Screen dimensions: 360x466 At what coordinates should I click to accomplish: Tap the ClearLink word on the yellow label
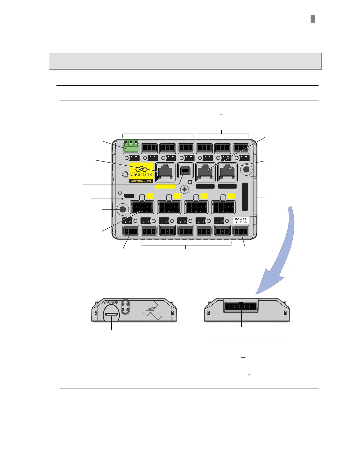(141, 174)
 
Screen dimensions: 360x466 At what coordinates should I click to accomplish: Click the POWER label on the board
(241, 219)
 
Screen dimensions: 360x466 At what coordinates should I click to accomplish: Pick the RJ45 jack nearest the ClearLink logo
(165, 172)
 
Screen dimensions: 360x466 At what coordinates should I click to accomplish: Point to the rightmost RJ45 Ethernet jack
(227, 172)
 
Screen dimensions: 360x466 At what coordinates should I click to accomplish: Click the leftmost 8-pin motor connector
(142, 207)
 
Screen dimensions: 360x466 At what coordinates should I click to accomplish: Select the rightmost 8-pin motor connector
(223, 207)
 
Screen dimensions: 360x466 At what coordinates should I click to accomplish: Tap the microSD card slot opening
(111, 314)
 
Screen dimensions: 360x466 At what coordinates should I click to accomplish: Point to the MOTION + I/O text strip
(141, 181)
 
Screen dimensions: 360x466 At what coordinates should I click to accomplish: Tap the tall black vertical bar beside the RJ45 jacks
(245, 197)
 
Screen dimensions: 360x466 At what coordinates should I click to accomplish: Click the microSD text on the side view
(111, 302)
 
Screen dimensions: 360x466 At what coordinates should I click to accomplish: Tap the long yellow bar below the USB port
(165, 187)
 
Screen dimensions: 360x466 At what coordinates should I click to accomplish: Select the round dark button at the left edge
(122, 209)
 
